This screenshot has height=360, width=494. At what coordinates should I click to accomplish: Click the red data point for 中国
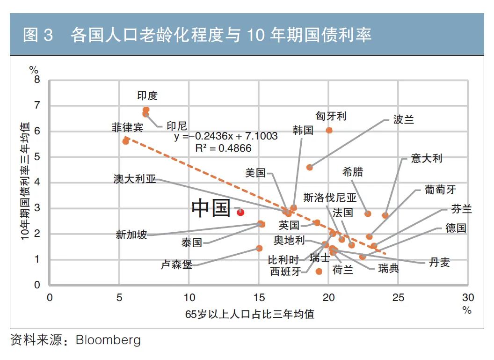[x=240, y=212]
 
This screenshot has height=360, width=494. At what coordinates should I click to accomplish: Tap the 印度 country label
[x=147, y=96]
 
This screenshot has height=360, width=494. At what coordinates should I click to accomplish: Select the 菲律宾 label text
[x=127, y=127]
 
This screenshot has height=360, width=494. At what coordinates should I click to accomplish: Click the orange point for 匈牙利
[x=329, y=130]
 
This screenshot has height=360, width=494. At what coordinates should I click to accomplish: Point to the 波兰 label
[x=404, y=119]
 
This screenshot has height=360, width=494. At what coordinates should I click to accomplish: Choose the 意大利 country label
[x=427, y=158]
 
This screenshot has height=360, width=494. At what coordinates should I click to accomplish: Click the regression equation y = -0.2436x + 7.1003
[x=226, y=136]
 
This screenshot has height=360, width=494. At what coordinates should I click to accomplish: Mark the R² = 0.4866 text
[x=223, y=148]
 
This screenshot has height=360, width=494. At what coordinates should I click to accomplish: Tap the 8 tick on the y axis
[x=37, y=80]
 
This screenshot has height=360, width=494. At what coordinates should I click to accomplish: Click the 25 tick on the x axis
[x=398, y=298]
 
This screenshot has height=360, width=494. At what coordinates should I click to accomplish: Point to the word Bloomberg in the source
[x=108, y=339]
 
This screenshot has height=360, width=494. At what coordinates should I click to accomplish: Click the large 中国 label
[x=211, y=208]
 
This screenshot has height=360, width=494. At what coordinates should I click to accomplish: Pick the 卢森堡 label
[x=176, y=265]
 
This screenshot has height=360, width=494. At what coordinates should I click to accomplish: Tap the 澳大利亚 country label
[x=135, y=179]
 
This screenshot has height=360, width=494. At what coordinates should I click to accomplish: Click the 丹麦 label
[x=439, y=262]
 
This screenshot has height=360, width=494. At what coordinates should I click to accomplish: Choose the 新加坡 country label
[x=131, y=235]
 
